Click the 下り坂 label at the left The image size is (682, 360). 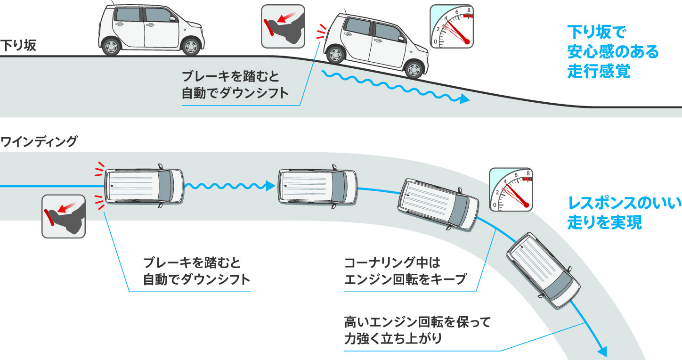point(18,46)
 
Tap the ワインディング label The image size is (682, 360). point(39,141)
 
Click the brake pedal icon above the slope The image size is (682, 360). point(283,26)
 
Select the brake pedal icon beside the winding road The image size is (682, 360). point(64,216)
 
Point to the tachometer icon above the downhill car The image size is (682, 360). point(451,27)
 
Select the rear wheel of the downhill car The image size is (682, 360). point(335,55)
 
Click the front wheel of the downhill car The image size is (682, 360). point(414,70)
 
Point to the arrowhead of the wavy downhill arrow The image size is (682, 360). point(465,99)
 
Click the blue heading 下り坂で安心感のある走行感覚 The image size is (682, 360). point(612,52)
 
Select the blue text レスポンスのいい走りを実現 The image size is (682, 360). point(624,213)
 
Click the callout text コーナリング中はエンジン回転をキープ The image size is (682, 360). point(405,271)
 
